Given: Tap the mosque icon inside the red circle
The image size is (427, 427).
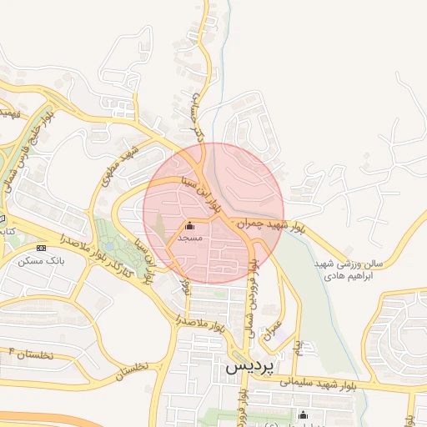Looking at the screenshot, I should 189,225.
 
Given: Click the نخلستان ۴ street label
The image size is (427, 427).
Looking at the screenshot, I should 30,354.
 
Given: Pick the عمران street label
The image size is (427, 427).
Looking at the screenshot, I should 273,330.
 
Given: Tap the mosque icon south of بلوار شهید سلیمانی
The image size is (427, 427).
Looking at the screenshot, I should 302,414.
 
